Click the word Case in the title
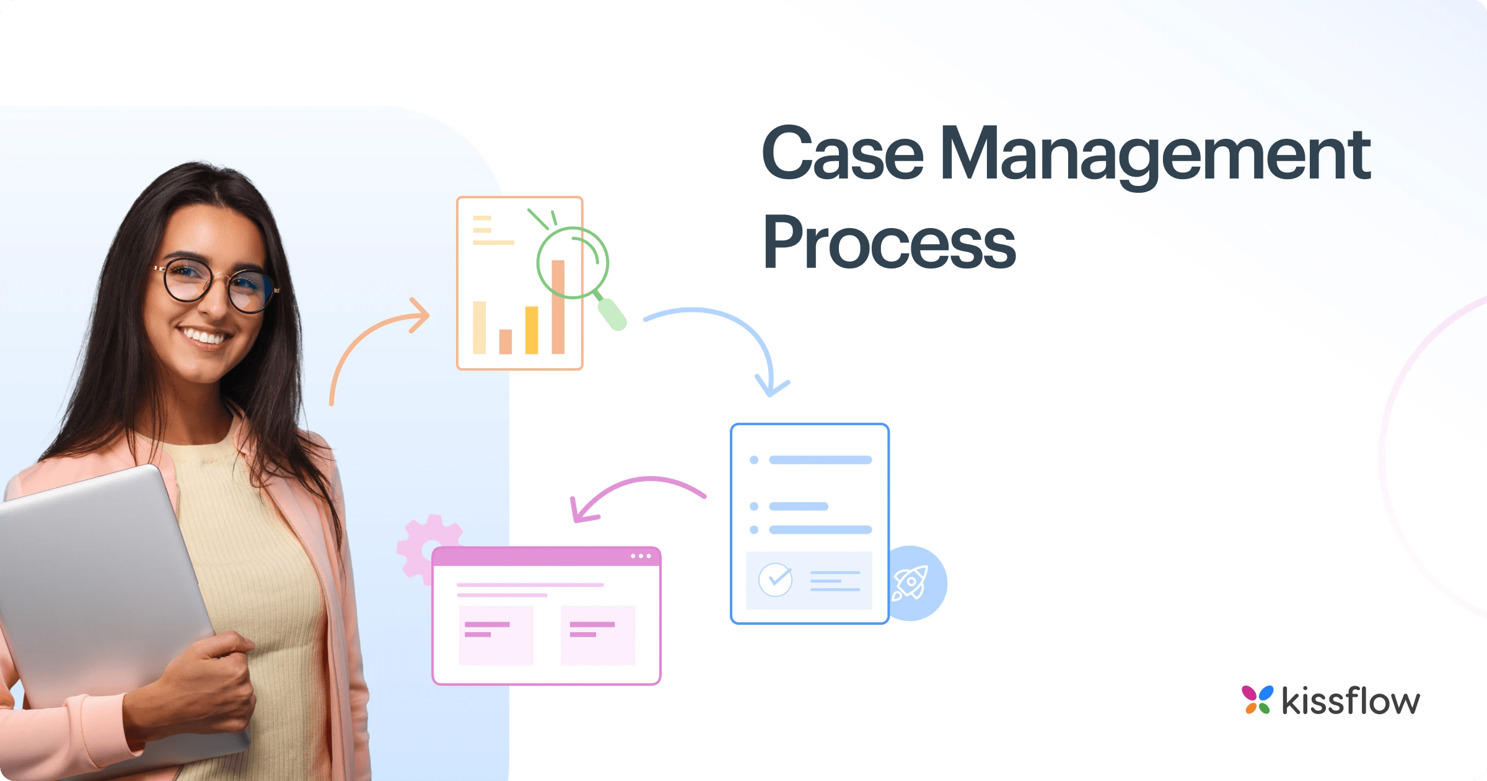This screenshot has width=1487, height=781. tap(843, 153)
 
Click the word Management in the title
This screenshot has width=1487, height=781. tap(1156, 155)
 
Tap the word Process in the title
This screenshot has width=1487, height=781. tap(889, 244)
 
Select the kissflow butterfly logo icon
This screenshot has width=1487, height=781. tap(1257, 700)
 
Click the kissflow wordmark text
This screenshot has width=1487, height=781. tap(1351, 701)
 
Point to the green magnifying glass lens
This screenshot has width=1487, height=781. tap(572, 263)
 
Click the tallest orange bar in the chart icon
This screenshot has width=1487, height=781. tap(558, 307)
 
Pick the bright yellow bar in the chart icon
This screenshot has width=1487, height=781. tap(532, 330)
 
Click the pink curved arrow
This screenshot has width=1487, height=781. tap(638, 487)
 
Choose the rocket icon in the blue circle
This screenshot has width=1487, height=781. tap(911, 583)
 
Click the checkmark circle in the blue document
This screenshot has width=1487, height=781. tap(775, 580)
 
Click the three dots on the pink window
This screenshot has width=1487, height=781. tap(641, 556)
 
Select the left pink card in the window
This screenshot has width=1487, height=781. tap(496, 635)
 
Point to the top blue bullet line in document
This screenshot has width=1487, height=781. tap(820, 460)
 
